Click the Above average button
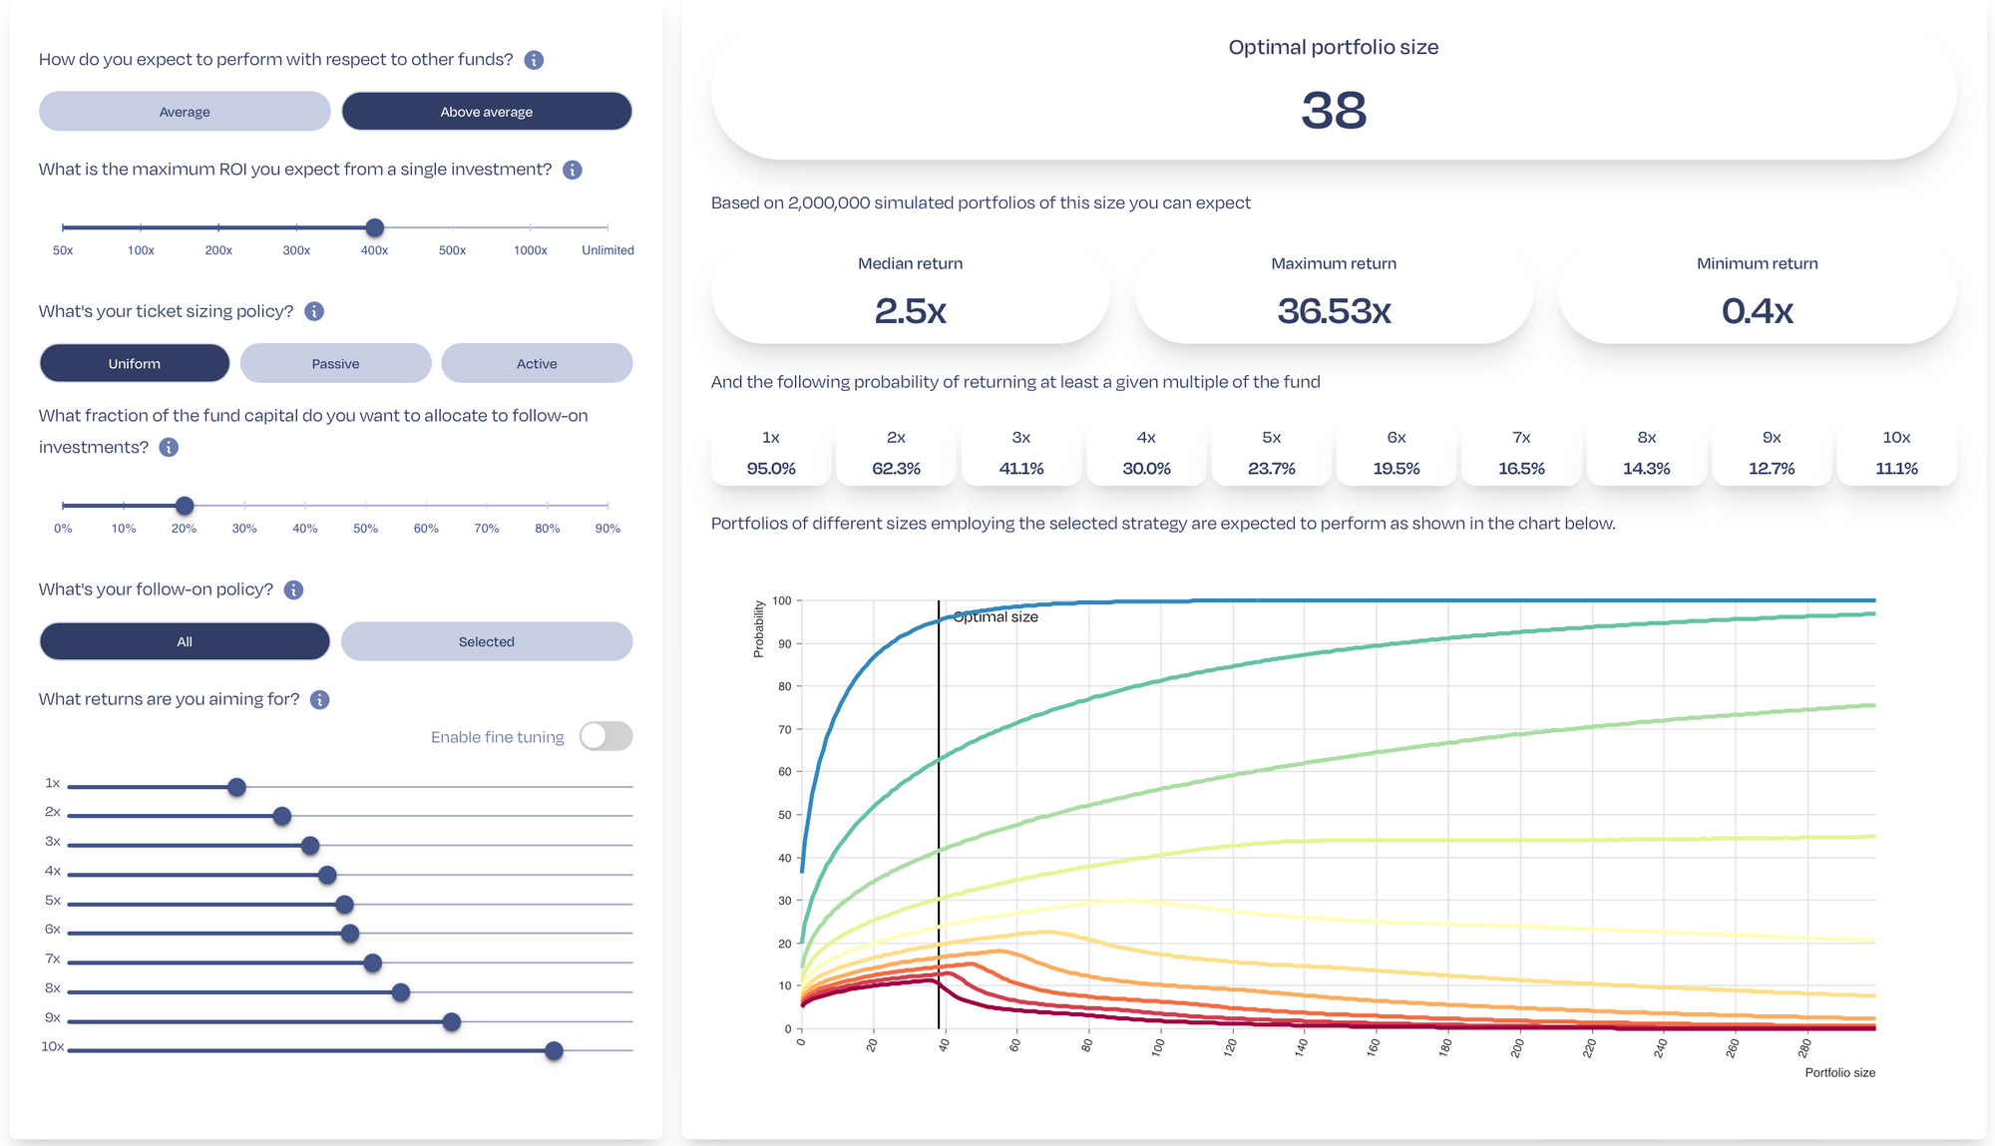click(487, 112)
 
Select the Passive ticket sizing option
click(335, 364)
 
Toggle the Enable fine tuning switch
click(605, 736)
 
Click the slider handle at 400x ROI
click(375, 228)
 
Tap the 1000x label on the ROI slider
click(530, 250)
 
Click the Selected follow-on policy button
click(487, 642)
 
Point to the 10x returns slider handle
click(554, 1051)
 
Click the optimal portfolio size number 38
click(1333, 110)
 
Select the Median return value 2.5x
click(910, 311)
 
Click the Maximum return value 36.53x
click(1334, 311)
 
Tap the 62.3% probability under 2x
click(896, 469)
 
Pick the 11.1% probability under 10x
click(1896, 469)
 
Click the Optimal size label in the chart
click(996, 617)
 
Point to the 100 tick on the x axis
click(1158, 1046)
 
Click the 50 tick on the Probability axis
click(785, 815)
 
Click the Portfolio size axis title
click(1839, 1073)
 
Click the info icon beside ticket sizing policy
click(314, 312)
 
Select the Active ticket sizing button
click(537, 364)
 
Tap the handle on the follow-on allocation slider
click(185, 506)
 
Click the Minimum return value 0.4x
click(1757, 311)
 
